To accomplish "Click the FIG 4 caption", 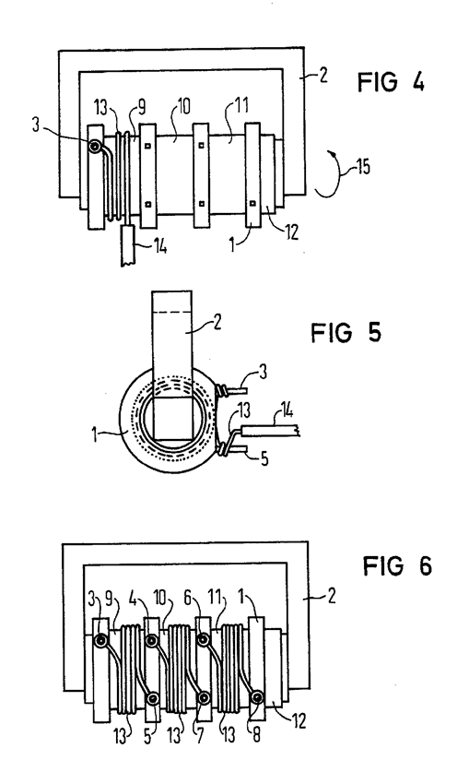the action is tap(391, 82).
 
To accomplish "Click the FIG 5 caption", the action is tap(346, 332).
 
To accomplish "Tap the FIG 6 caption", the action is tap(397, 565).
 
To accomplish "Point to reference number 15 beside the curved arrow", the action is tap(363, 167).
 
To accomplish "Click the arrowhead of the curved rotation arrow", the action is tap(334, 156).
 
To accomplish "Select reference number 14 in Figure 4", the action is tap(159, 245).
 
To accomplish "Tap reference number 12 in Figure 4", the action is tap(291, 232).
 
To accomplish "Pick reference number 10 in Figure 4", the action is tap(183, 106).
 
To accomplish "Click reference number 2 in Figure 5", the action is tap(217, 322).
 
